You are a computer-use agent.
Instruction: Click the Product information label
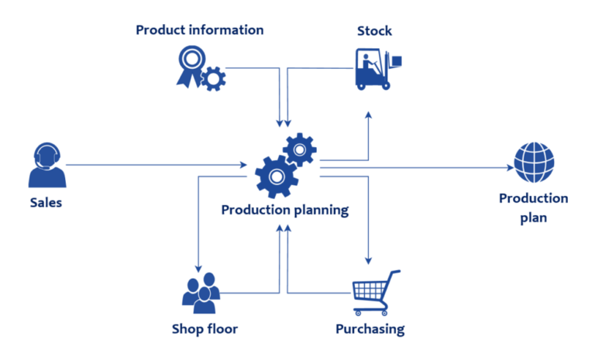point(199,30)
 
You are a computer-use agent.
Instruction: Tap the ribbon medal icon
point(190,64)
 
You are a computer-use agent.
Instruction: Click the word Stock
point(374,31)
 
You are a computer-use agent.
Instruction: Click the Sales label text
point(45,203)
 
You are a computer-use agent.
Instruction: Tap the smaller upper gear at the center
point(299,149)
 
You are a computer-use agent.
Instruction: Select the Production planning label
point(284,209)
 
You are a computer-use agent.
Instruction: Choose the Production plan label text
point(533,207)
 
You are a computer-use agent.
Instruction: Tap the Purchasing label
point(370,329)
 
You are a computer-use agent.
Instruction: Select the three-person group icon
point(201,291)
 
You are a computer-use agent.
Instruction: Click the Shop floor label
point(205,329)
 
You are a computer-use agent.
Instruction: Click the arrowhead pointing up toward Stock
point(369,114)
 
